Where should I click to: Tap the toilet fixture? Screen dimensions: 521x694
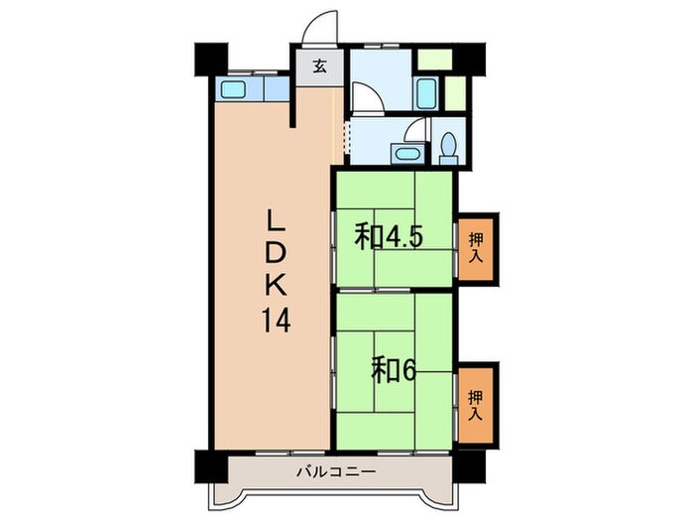pos(447,147)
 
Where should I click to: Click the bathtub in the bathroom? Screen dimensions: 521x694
pos(426,93)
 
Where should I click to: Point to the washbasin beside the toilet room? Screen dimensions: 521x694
pos(405,153)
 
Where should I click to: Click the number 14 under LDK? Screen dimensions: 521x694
pos(277,321)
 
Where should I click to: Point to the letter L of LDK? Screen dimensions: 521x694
pos(275,218)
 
